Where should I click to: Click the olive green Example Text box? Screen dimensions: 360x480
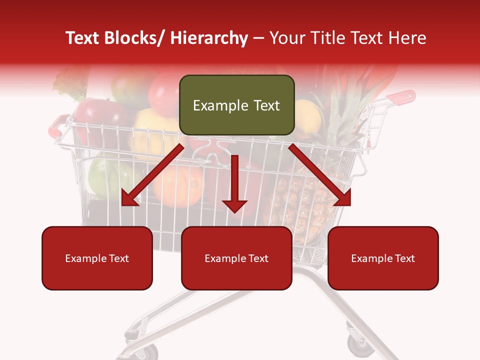tap(236, 105)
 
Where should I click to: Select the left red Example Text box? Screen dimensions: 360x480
tap(97, 258)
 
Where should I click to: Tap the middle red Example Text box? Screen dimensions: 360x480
tap(236, 258)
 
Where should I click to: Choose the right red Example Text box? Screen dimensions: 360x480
tap(383, 258)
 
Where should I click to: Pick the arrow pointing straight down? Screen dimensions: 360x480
tap(234, 185)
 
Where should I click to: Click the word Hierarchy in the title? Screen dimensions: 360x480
tap(209, 38)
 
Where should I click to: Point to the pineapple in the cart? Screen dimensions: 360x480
tap(295, 205)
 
